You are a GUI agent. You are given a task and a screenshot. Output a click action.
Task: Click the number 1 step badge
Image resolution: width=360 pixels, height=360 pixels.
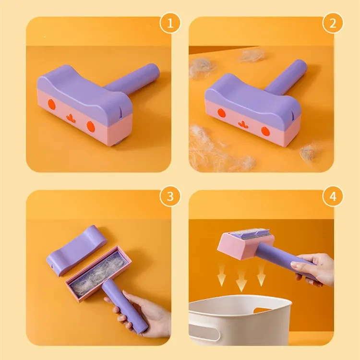pyautogui.click(x=170, y=23)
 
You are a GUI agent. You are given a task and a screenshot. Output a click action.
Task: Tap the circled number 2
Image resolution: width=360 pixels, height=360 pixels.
pyautogui.click(x=333, y=23)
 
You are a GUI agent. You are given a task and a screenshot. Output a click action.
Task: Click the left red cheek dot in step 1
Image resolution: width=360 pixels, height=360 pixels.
pyautogui.click(x=53, y=105)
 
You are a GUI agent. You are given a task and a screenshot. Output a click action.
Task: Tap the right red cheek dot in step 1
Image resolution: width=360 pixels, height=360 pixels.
pyautogui.click(x=91, y=126)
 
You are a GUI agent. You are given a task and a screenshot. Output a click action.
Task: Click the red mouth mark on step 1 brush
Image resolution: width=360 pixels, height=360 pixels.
pyautogui.click(x=70, y=117)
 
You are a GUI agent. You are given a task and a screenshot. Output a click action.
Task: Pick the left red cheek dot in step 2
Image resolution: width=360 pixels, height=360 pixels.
pyautogui.click(x=221, y=113)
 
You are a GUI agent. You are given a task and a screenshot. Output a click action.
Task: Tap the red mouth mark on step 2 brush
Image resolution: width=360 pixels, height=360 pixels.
pyautogui.click(x=242, y=123)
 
